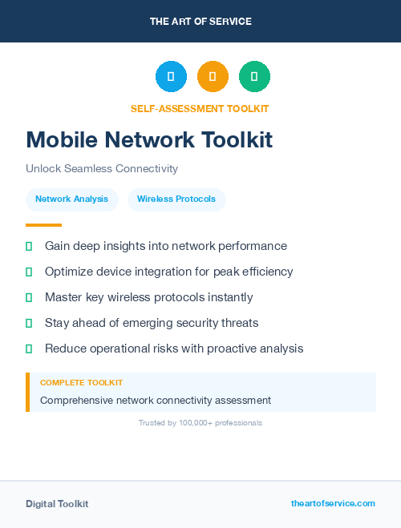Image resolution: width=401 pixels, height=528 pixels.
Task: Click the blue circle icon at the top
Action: (x=171, y=76)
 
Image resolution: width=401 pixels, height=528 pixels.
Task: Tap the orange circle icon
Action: (x=213, y=76)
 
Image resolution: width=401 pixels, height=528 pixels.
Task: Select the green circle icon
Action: (x=254, y=76)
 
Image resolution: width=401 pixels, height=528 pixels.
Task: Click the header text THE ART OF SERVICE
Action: (x=200, y=22)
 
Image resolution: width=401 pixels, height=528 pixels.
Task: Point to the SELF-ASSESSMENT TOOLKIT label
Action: (x=200, y=108)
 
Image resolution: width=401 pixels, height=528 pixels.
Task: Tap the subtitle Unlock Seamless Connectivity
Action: (x=102, y=169)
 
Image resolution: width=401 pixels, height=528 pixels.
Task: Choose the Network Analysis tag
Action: (x=72, y=199)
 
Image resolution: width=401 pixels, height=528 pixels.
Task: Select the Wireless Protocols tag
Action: (x=176, y=199)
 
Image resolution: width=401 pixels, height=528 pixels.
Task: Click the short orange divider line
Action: (x=43, y=225)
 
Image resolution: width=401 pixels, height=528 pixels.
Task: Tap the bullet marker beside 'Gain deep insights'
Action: (x=29, y=246)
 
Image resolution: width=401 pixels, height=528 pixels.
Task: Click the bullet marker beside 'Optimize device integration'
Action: (x=29, y=272)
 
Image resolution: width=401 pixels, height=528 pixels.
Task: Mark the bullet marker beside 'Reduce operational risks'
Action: (x=29, y=349)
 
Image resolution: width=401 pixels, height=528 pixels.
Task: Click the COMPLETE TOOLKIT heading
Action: (x=81, y=383)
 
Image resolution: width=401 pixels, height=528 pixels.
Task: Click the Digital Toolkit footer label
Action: (x=57, y=504)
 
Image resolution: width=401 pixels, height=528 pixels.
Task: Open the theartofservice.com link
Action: (x=333, y=503)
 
